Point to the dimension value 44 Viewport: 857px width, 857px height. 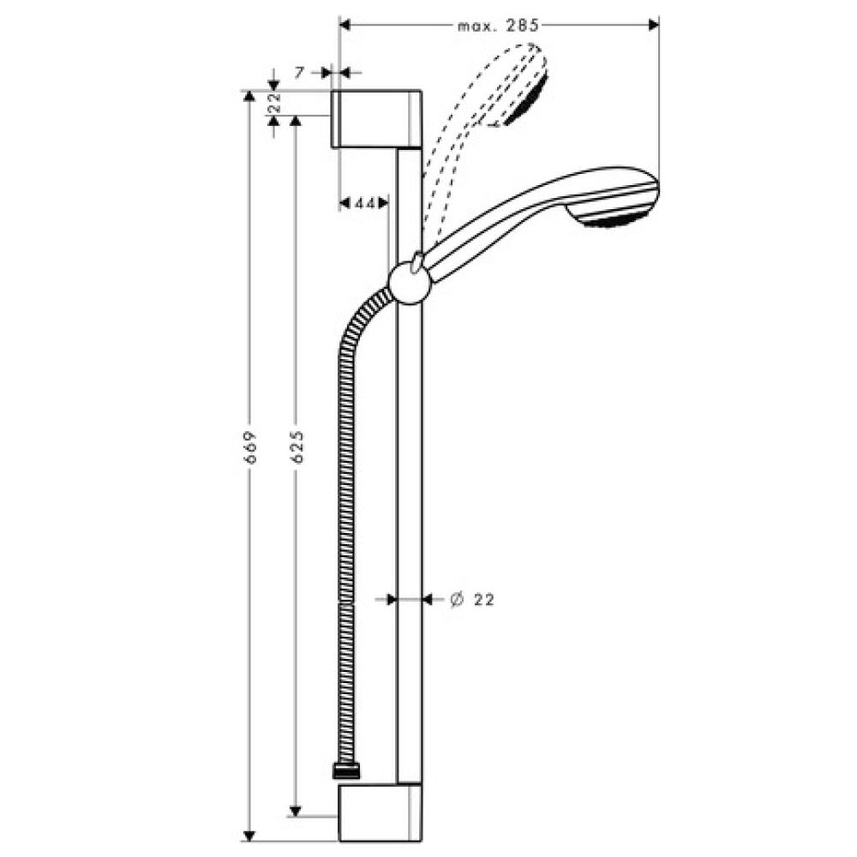(365, 203)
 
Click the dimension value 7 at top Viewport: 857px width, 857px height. (299, 74)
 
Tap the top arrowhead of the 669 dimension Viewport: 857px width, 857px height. (249, 96)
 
